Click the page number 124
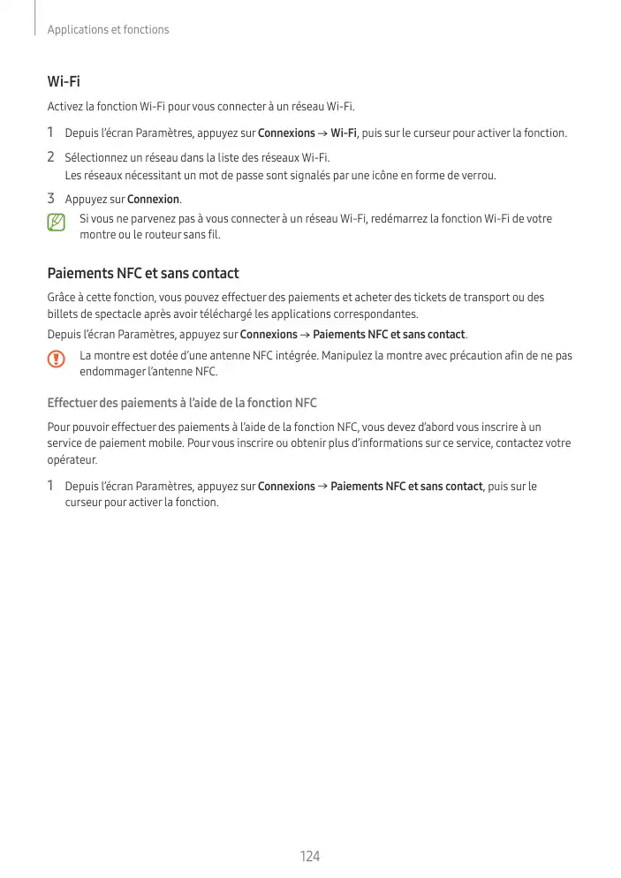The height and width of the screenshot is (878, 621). pos(309,856)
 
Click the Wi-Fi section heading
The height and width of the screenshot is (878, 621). pos(64,82)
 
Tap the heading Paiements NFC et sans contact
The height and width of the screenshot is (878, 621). pos(142,274)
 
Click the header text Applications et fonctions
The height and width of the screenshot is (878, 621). pos(108,29)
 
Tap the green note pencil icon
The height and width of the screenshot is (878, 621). pos(57,222)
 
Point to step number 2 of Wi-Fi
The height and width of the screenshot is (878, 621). pos(51,157)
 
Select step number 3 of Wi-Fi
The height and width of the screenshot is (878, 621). pos(51,199)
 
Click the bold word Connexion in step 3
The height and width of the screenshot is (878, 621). pos(153,200)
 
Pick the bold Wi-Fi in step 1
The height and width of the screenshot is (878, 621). pos(344,133)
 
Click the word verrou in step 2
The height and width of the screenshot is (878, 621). pos(477,175)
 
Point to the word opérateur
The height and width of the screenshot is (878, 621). pos(71,460)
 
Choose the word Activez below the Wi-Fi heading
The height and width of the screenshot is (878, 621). pos(64,107)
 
